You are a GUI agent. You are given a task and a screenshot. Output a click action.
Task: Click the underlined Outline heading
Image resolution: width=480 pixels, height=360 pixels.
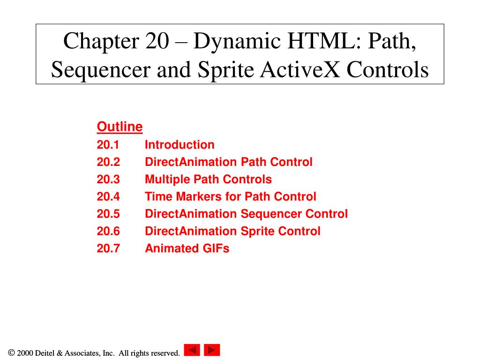120,127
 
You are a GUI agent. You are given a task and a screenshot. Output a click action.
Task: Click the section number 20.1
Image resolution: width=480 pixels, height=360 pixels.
108,145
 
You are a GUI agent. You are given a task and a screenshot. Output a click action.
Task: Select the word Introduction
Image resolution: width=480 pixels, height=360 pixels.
180,145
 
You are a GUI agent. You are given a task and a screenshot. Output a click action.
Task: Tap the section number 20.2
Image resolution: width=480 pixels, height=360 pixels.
108,162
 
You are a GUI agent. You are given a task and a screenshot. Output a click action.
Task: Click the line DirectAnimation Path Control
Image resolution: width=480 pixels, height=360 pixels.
228,162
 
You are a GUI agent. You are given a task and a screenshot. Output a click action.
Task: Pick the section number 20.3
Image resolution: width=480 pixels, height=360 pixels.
108,180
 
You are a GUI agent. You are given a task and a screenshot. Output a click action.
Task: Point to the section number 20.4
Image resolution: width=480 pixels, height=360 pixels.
108,197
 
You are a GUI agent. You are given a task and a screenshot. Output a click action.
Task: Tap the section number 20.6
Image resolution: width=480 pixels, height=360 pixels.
108,232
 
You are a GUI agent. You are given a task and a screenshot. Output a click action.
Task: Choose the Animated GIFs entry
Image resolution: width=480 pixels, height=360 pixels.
187,248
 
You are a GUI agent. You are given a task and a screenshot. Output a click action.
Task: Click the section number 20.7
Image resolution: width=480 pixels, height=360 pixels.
108,248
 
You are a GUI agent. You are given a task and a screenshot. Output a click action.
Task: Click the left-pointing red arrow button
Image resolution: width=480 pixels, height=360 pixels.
192,350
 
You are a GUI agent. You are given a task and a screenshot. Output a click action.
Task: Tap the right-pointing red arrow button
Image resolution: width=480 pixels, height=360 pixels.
212,350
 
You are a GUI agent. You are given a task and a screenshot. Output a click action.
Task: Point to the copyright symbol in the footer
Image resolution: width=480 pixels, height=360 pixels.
11,353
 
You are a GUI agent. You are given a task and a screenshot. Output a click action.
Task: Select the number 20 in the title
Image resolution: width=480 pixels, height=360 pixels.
157,42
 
